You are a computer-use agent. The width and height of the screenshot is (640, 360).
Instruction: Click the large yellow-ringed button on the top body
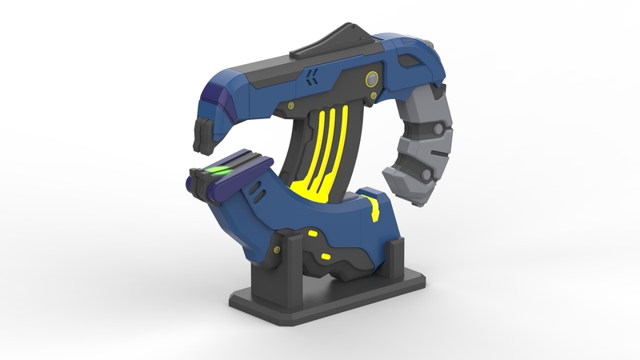[x=372, y=78]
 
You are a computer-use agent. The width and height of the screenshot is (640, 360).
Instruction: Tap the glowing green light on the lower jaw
[x=215, y=170]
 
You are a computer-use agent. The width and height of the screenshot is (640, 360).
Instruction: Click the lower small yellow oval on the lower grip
[x=325, y=257]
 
